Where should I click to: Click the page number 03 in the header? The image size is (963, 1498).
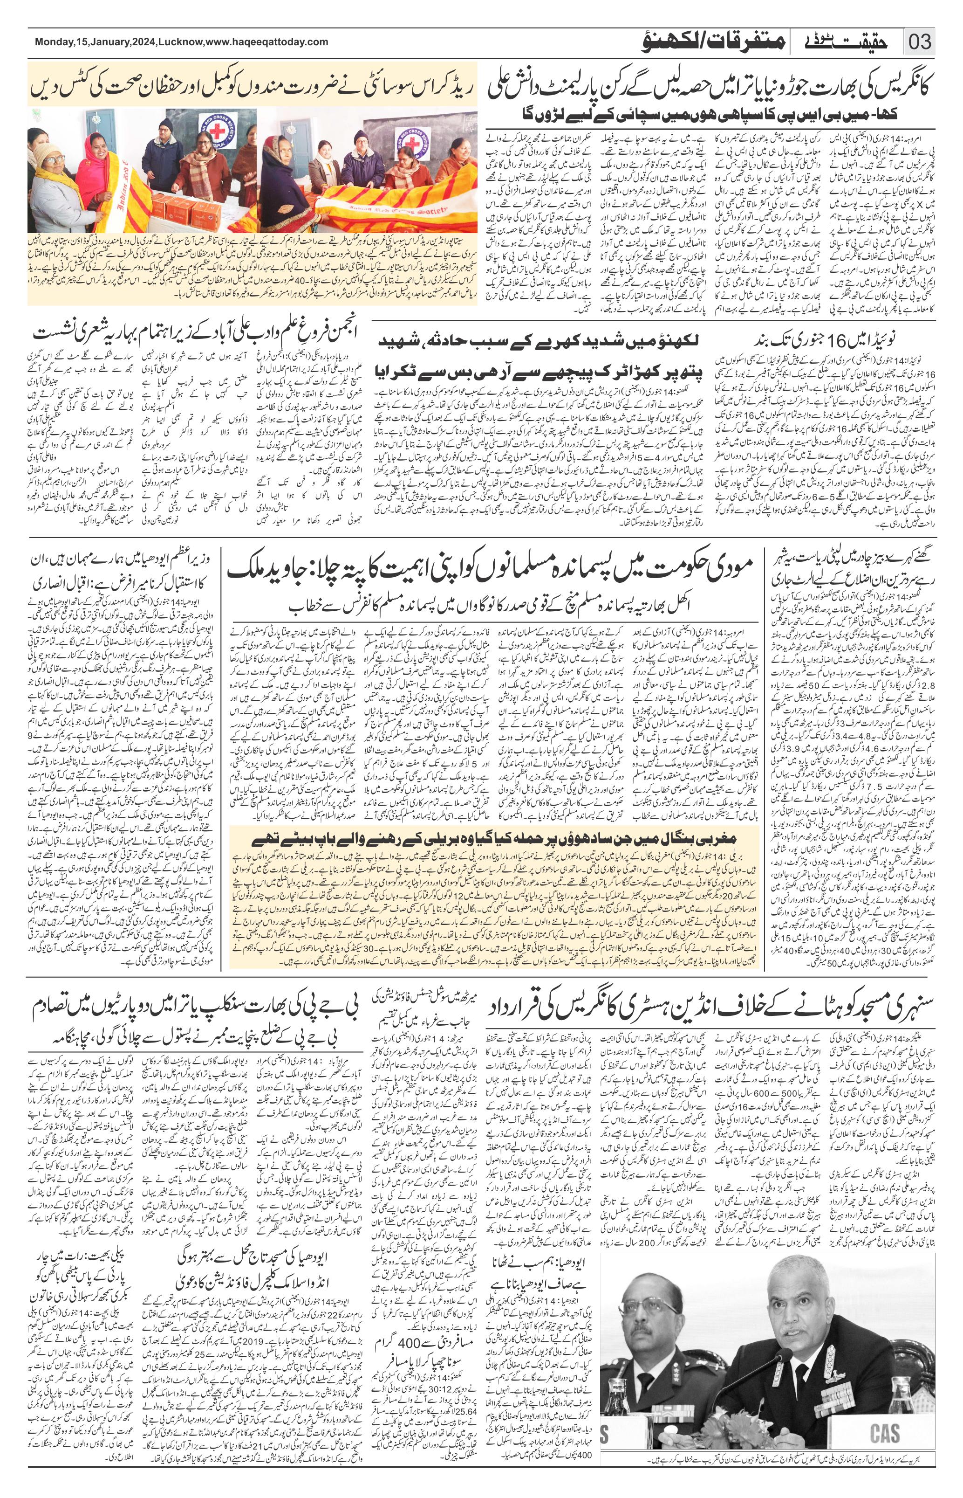click(x=919, y=42)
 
